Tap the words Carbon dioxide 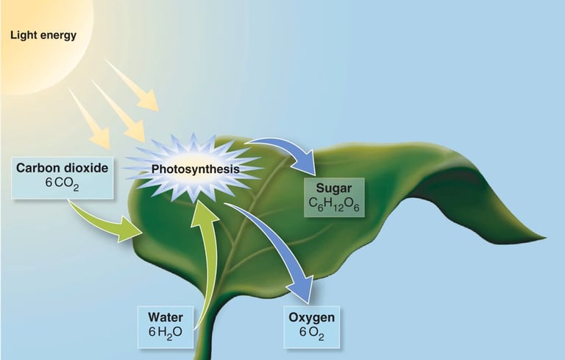point(63,169)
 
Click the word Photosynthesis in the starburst point(196,170)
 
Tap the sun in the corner point(37,37)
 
